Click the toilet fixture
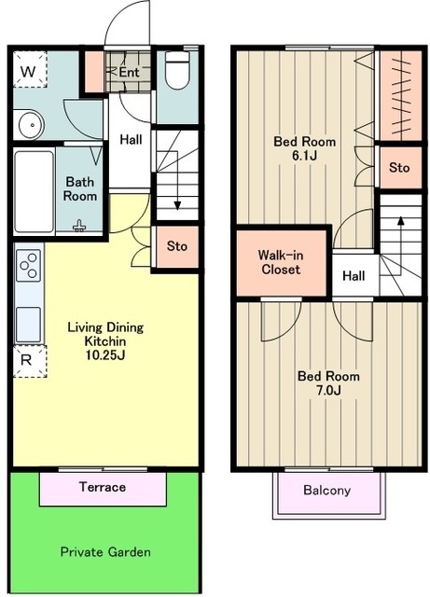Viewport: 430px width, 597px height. pos(177,70)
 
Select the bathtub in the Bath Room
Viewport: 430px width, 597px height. pos(35,191)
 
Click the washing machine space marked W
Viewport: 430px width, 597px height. pos(30,70)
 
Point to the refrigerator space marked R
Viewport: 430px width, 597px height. pos(30,361)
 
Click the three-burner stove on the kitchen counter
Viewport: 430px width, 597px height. pos(28,265)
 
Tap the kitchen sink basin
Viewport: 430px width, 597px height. pos(28,324)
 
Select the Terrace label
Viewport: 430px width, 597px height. pos(103,487)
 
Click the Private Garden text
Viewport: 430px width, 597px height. pos(105,551)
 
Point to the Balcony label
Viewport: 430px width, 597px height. pos(326,490)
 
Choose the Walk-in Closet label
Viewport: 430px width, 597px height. pos(281,262)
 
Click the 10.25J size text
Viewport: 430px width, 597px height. pos(105,354)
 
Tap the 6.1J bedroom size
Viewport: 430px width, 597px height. pos(304,156)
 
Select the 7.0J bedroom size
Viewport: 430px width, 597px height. pos(328,390)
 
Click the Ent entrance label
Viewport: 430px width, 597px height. pos(129,72)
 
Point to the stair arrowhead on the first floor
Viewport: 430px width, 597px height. pos(177,205)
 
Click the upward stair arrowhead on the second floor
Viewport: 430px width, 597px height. pos(400,221)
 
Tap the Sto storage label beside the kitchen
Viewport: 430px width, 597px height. pos(177,246)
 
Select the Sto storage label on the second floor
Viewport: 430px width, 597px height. pos(399,167)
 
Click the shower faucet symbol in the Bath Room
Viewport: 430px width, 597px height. pos(79,226)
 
